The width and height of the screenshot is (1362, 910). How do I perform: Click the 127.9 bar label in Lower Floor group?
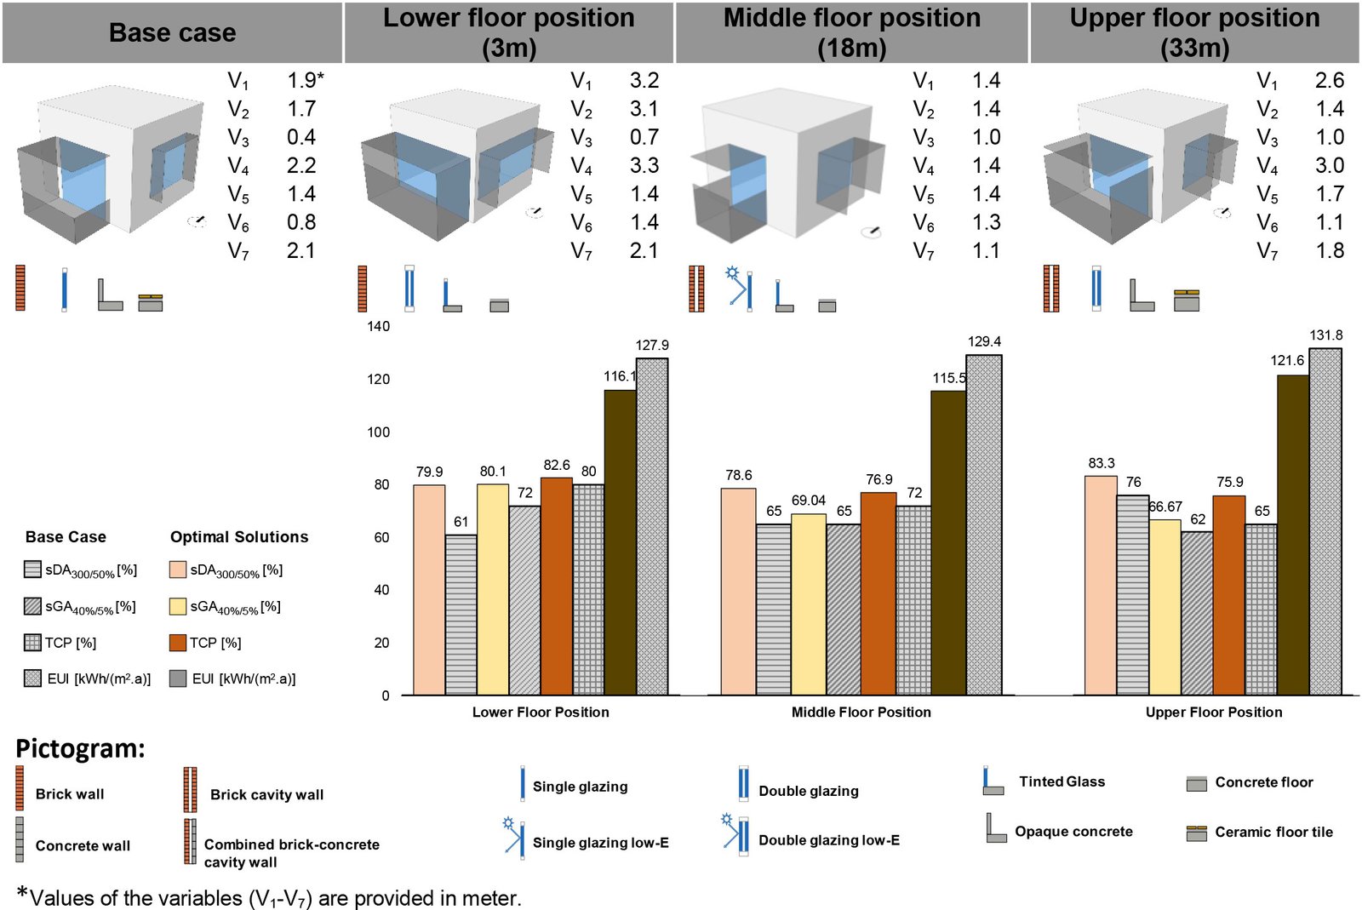pos(652,346)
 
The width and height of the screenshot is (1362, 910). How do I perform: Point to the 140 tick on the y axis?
pos(379,326)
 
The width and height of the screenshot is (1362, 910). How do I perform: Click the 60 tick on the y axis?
pos(381,537)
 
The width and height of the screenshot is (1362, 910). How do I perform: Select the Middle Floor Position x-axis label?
pos(861,712)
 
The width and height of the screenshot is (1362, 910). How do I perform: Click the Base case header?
pos(172,32)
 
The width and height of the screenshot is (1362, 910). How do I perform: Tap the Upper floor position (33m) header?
pos(1194,32)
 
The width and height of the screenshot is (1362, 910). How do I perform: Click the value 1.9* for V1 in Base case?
pos(305,81)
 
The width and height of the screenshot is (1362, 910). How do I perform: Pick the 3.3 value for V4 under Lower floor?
pos(644,165)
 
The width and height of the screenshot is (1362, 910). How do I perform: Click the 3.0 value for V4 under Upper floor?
pos(1329,165)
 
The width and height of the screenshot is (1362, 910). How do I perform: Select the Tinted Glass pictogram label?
pos(1062,781)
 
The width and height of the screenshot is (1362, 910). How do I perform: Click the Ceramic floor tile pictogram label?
pos(1273,832)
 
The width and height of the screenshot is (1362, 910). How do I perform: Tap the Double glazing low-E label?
pos(828,840)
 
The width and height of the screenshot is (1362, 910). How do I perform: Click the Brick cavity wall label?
pos(266,794)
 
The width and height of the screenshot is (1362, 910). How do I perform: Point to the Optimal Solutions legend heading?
pos(239,537)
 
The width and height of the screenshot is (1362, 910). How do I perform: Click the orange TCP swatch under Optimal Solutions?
pos(178,643)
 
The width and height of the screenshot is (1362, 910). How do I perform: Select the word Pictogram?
pos(81,748)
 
